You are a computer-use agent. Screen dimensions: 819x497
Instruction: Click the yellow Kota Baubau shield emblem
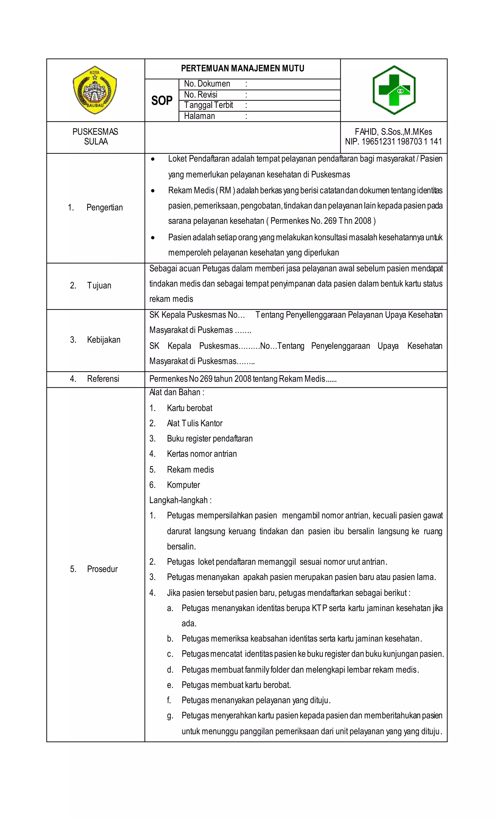pos(95,90)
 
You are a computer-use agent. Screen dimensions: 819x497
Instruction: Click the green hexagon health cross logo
pos(394,90)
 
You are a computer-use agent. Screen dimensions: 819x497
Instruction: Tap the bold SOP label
pos(162,100)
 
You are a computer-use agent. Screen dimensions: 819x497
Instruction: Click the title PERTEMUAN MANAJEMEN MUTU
pos(242,68)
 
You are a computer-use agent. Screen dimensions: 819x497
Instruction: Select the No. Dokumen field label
pos(207,84)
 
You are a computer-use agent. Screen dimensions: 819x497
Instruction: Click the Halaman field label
pos(199,116)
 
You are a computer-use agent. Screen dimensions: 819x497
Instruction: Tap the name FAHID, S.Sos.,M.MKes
pos(393,132)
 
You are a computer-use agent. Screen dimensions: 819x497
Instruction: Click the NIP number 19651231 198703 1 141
pos(393,142)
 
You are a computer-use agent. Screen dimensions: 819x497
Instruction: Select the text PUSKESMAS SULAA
pos(95,137)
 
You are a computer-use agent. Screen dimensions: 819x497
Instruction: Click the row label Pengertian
pos(104,207)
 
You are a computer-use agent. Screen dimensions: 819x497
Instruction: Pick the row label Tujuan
pos(99,286)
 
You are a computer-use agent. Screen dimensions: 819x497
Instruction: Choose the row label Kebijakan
pos(103,340)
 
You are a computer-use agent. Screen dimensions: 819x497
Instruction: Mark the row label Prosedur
pos(102,569)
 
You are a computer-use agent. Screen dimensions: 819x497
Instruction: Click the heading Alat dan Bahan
pos(176,392)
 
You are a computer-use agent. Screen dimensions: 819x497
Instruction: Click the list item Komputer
pos(183,485)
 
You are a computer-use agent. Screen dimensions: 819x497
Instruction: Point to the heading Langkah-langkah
pos(180,500)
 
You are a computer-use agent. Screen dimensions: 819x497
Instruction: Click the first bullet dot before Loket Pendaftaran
pos(153,160)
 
